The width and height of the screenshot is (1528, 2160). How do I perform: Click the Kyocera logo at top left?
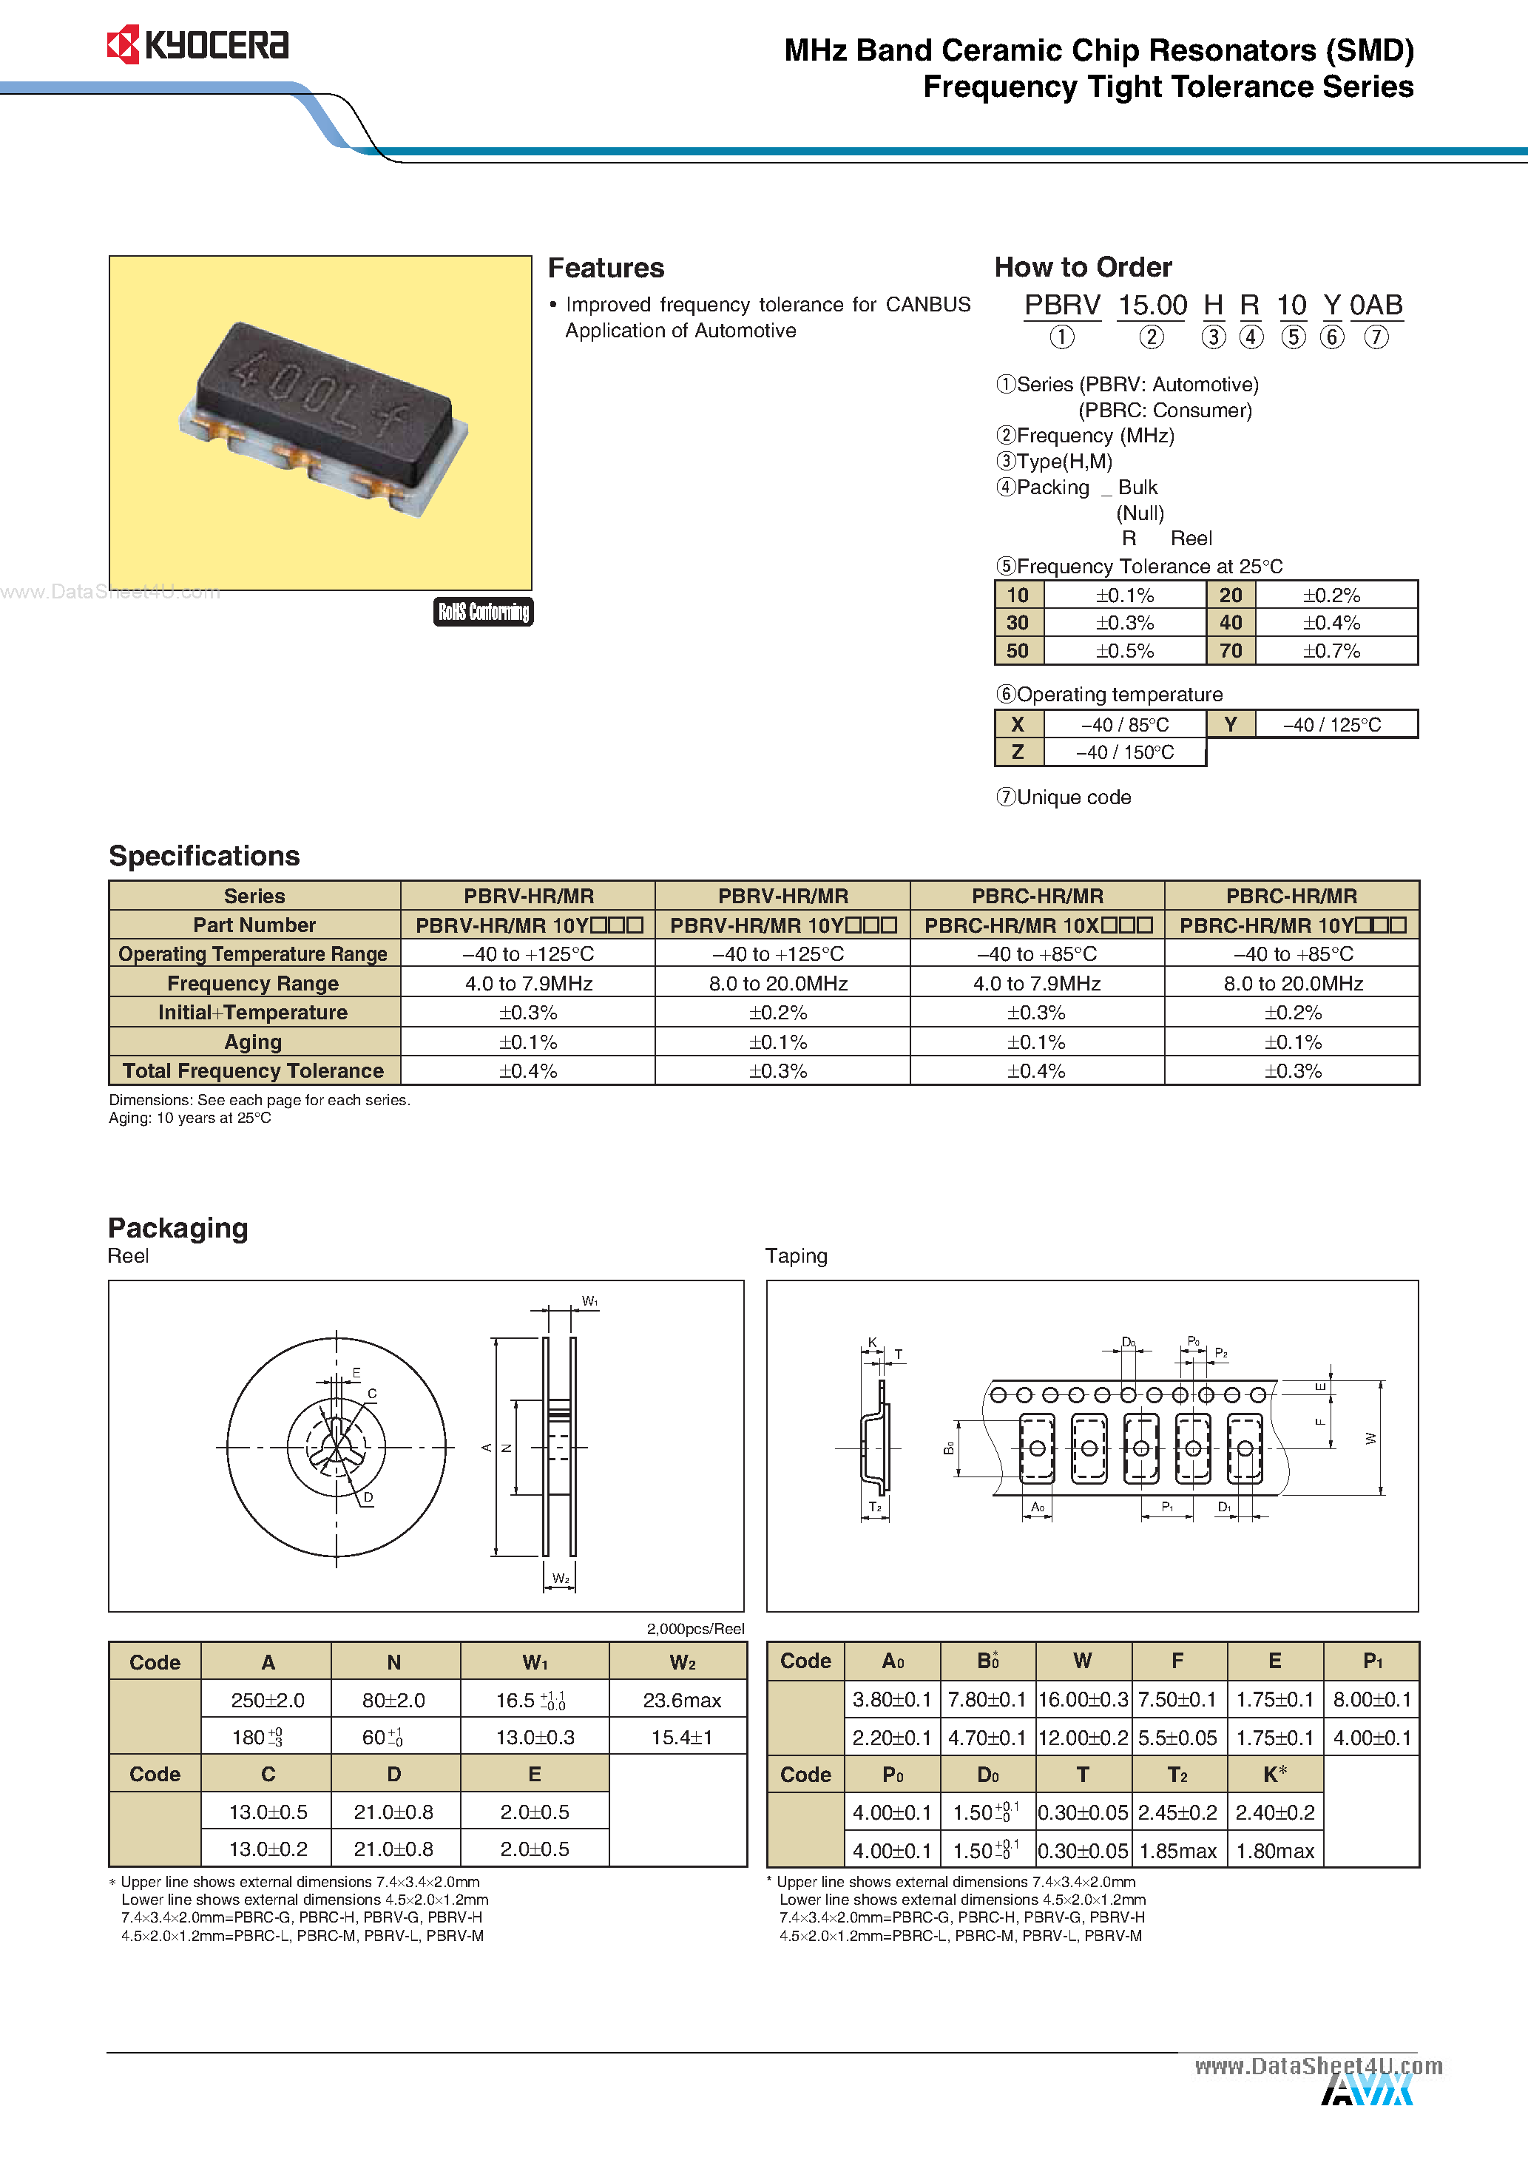(x=197, y=45)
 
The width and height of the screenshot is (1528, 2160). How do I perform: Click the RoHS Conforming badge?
(x=483, y=612)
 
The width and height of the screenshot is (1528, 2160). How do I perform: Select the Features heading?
(x=606, y=268)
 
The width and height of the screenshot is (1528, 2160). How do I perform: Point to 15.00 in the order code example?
(x=1152, y=306)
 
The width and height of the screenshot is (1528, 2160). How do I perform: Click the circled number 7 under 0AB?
(x=1376, y=337)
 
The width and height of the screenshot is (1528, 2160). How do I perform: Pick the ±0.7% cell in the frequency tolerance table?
(x=1331, y=651)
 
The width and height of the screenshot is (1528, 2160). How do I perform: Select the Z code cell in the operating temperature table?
(x=1017, y=752)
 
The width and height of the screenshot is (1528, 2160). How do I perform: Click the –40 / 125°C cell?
(x=1331, y=724)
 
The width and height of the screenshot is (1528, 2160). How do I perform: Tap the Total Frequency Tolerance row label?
(x=253, y=1070)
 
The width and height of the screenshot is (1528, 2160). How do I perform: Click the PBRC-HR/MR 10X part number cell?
(x=1037, y=925)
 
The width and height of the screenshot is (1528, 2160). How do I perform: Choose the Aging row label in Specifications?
(x=253, y=1042)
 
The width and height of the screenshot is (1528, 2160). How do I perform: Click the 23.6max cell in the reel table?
(x=681, y=1701)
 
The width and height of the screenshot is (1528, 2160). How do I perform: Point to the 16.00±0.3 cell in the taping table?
(x=1083, y=1700)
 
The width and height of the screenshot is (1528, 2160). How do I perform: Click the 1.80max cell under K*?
(x=1274, y=1852)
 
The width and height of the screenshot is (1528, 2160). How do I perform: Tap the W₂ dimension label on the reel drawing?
(x=561, y=1579)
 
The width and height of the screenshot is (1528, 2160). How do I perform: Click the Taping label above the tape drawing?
(x=796, y=1256)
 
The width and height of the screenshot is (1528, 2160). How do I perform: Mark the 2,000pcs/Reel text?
(x=694, y=1628)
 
